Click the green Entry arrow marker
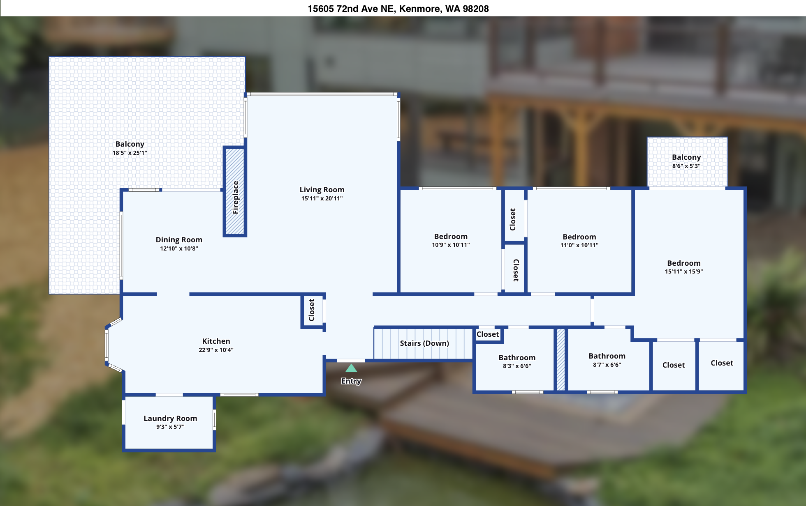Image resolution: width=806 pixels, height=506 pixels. [351, 368]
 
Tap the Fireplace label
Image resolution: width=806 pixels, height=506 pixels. [236, 198]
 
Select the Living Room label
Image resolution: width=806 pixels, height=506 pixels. [322, 190]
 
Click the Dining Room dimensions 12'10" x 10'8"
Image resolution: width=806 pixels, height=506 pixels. [179, 248]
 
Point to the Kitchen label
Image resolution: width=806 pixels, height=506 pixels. [216, 341]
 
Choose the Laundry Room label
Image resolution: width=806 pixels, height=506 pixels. [170, 419]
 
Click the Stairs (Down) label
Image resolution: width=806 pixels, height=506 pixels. [424, 343]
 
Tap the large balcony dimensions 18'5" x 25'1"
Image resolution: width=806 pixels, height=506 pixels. [130, 153]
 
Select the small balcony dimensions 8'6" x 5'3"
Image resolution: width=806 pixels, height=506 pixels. [686, 166]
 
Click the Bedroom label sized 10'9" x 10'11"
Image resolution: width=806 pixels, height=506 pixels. [451, 237]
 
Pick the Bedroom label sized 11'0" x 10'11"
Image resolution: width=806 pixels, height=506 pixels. [579, 237]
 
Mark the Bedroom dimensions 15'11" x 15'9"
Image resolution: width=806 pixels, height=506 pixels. [684, 271]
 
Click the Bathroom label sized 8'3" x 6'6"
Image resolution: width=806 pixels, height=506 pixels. [517, 358]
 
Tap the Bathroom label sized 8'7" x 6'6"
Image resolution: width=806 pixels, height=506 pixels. [607, 356]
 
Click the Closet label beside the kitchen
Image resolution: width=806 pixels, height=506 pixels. [312, 310]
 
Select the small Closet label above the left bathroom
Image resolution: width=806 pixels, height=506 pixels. [488, 334]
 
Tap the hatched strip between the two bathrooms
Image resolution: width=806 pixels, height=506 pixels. [561, 359]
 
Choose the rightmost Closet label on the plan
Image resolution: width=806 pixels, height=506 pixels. [722, 363]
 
